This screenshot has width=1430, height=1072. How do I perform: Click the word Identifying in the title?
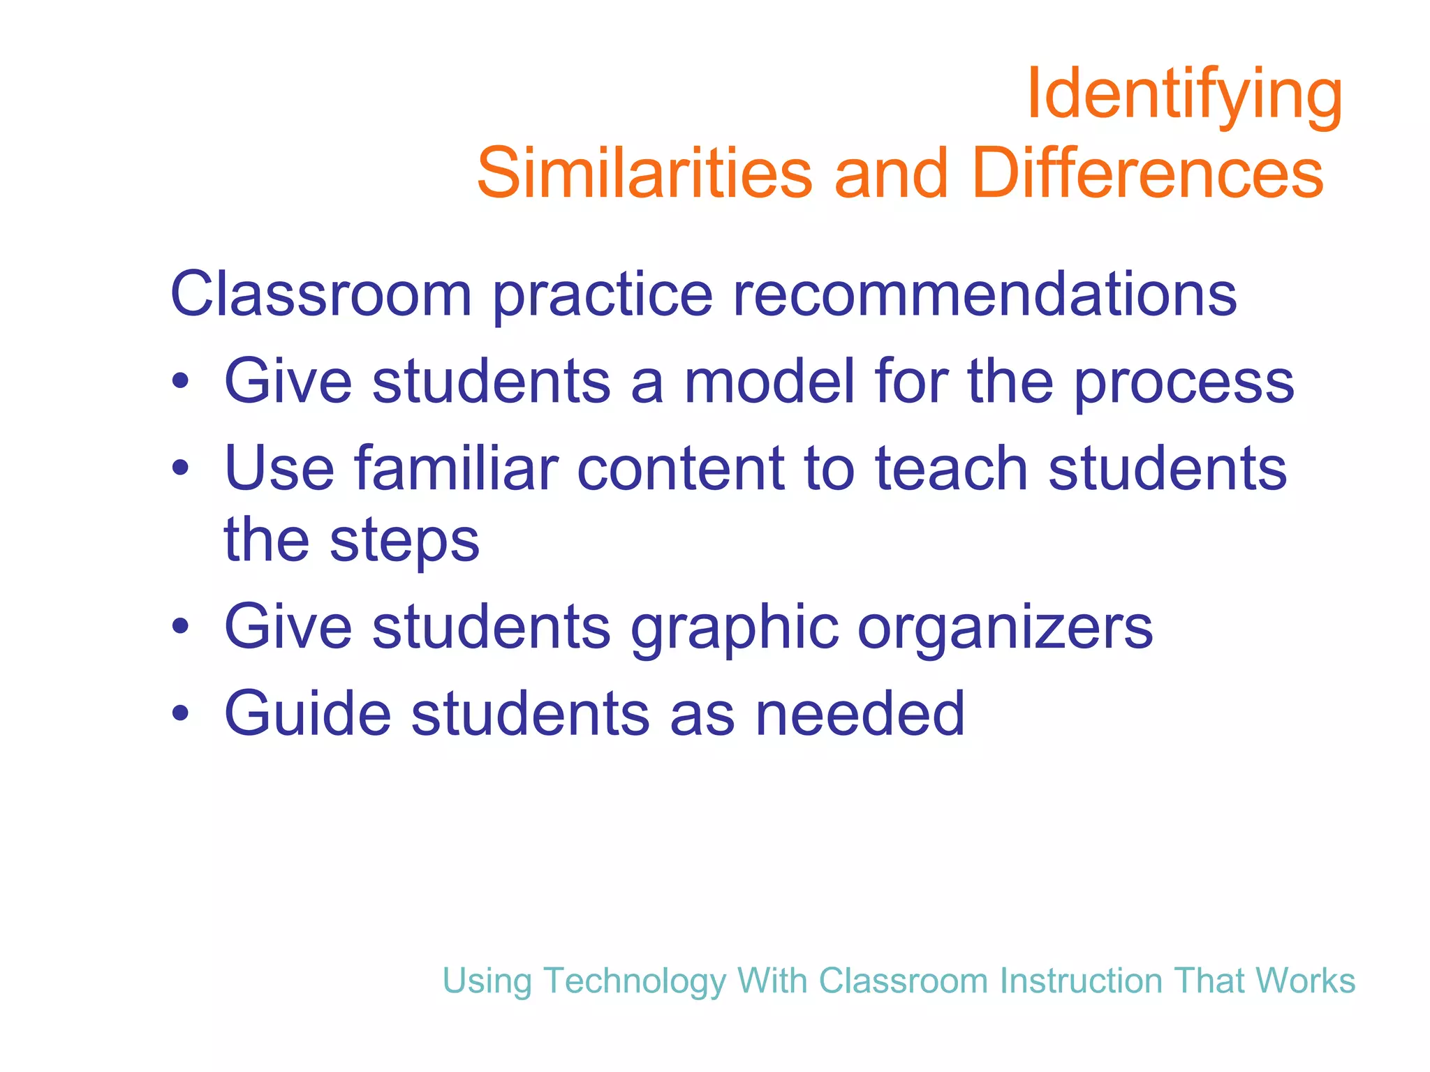[x=1184, y=94]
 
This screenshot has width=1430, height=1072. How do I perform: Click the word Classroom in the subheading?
[x=321, y=294]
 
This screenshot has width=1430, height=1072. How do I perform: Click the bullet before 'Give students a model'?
[x=181, y=382]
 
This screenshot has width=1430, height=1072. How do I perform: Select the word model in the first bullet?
[x=769, y=381]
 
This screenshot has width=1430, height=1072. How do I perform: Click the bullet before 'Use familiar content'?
[x=181, y=468]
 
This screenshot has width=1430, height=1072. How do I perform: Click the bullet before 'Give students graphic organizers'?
[x=181, y=627]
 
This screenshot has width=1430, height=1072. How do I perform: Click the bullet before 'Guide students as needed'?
[x=181, y=714]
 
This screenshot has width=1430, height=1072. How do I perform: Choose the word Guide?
[x=307, y=713]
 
